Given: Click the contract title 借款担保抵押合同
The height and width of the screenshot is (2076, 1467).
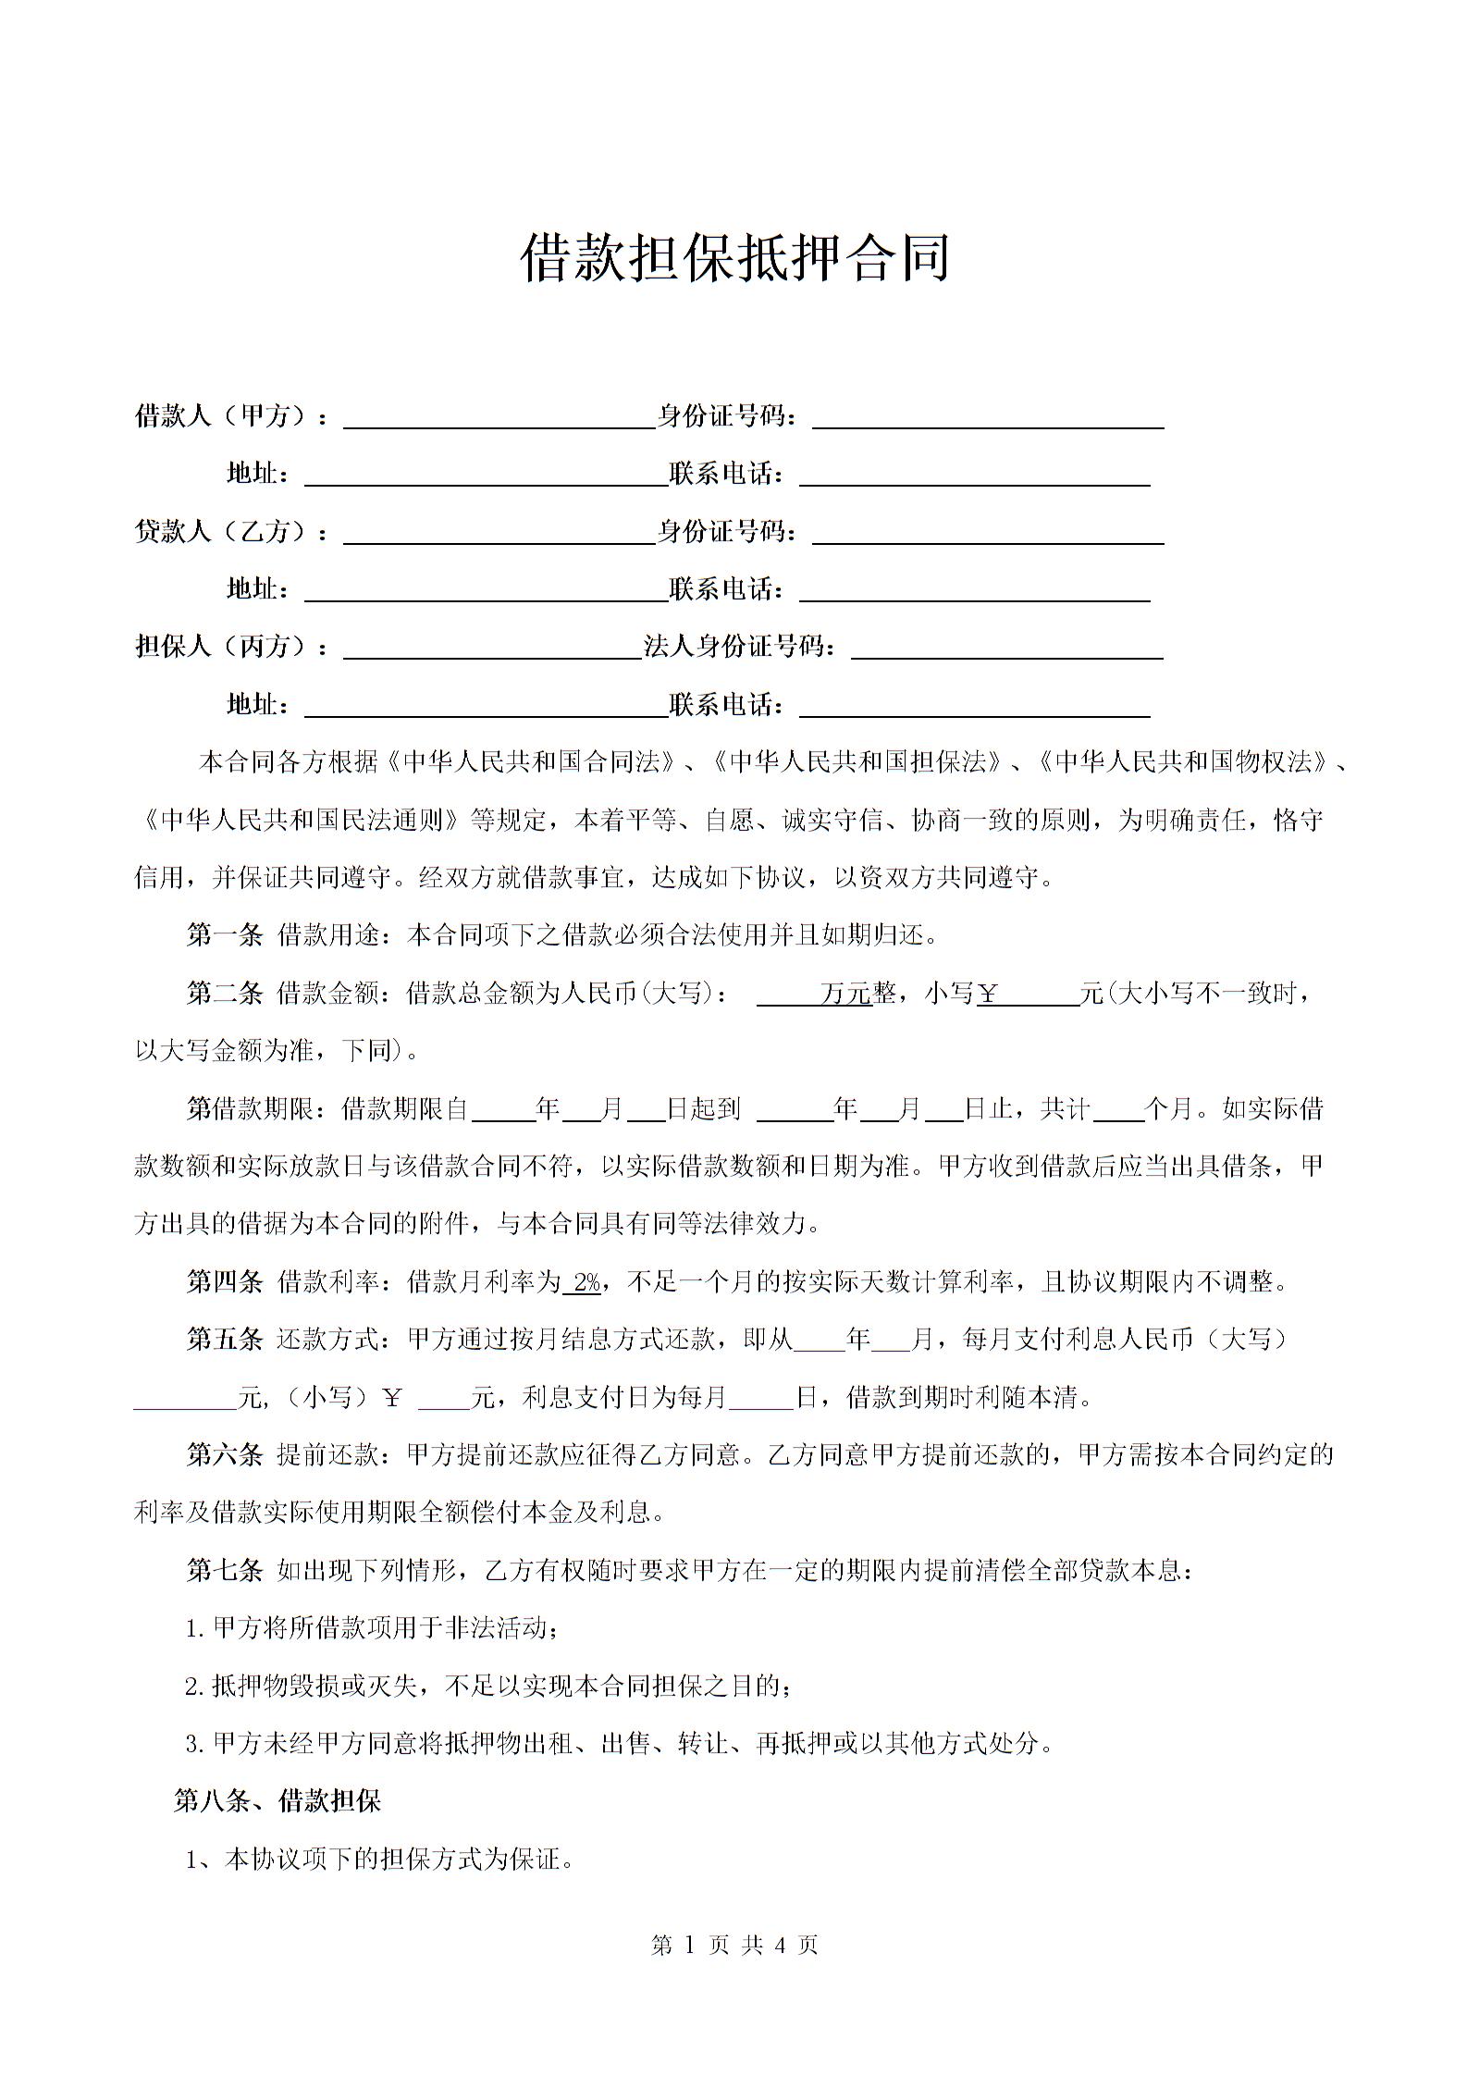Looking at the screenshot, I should pyautogui.click(x=735, y=258).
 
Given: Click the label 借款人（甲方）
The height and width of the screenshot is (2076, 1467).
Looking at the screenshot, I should pyautogui.click(x=222, y=416).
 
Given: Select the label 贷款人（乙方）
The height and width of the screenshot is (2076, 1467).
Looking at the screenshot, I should pyautogui.click(x=222, y=532).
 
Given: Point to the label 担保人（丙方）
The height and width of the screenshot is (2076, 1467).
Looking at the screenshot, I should pyautogui.click(x=222, y=647).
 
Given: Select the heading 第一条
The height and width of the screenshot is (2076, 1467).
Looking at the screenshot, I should pyautogui.click(x=225, y=935).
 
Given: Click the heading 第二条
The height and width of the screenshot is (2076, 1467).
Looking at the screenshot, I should pyautogui.click(x=225, y=994).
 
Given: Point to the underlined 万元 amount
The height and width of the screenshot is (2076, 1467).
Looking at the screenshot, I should pyautogui.click(x=845, y=995).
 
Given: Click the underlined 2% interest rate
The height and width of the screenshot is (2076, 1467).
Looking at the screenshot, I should pyautogui.click(x=586, y=1282).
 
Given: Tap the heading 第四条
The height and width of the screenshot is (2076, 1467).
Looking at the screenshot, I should pyautogui.click(x=225, y=1282).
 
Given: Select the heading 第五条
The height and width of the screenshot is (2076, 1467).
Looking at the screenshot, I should pyautogui.click(x=225, y=1340).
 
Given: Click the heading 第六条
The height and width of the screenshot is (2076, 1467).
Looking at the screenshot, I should pyautogui.click(x=225, y=1455).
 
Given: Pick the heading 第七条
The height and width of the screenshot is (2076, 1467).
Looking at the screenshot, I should pyautogui.click(x=225, y=1570).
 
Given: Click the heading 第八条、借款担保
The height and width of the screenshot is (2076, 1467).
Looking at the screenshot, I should pyautogui.click(x=277, y=1800).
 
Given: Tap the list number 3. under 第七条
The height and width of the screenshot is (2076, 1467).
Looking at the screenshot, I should pyautogui.click(x=194, y=1744).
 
